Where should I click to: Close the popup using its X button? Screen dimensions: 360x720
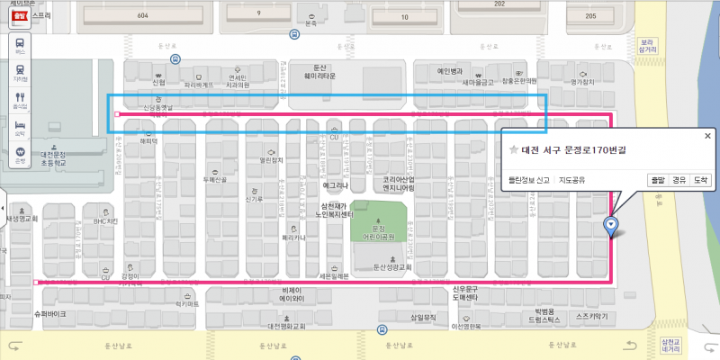[x=707, y=136]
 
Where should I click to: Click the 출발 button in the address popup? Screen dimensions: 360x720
[x=658, y=180]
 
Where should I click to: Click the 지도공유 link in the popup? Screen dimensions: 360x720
[x=573, y=180]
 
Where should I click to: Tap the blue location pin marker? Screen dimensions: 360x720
[x=612, y=226]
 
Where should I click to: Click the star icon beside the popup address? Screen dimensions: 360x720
[x=513, y=149]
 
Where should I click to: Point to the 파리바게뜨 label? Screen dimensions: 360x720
[x=199, y=85]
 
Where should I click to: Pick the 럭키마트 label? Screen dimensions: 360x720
[x=186, y=304]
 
